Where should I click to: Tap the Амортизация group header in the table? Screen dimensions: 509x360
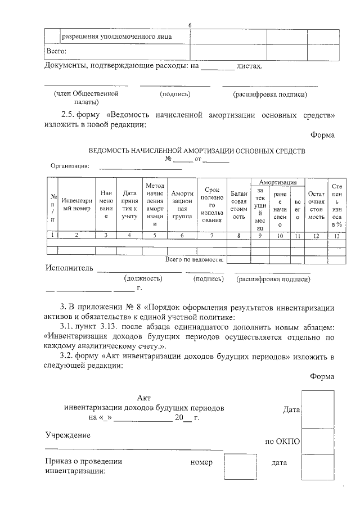pos(278,182)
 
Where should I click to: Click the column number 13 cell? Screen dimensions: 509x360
pos(337,236)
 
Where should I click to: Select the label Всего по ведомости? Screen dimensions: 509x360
pos(195,259)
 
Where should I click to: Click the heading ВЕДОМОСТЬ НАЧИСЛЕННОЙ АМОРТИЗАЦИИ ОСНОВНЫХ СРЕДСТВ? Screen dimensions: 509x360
pos(197,151)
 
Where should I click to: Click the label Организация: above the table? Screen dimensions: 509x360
pos(70,166)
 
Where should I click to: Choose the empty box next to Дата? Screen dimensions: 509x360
pos(317,409)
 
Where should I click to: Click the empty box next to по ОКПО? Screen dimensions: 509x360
pos(317,441)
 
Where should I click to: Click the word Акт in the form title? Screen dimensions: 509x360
pos(144,398)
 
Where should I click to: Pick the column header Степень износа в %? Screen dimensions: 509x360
pos(337,205)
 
